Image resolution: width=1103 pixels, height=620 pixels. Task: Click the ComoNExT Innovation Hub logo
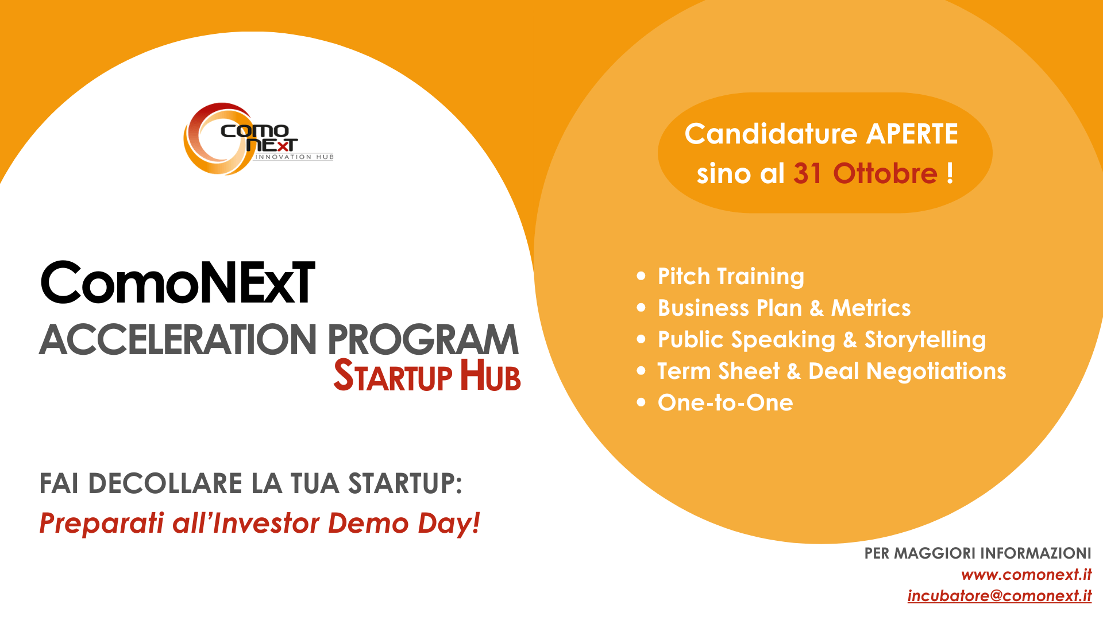[x=258, y=139]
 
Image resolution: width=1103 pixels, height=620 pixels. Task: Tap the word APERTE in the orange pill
[x=912, y=134]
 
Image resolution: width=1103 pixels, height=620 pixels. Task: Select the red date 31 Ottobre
[x=865, y=173]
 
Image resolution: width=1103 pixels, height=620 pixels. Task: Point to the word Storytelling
[x=925, y=340]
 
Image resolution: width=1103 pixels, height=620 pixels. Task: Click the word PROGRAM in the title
[x=423, y=339]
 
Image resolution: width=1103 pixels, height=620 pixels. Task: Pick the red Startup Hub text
[x=427, y=375]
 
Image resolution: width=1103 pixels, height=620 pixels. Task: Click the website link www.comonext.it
[x=1026, y=575]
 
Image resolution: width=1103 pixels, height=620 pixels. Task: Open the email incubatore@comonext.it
[x=1000, y=596]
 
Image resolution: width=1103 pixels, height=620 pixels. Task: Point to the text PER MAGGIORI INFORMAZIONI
[x=978, y=553]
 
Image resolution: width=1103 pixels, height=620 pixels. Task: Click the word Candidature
[x=770, y=134]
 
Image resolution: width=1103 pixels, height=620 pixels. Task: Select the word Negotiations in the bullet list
[x=936, y=371]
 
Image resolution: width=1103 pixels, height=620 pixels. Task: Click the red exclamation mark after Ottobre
[x=950, y=173]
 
